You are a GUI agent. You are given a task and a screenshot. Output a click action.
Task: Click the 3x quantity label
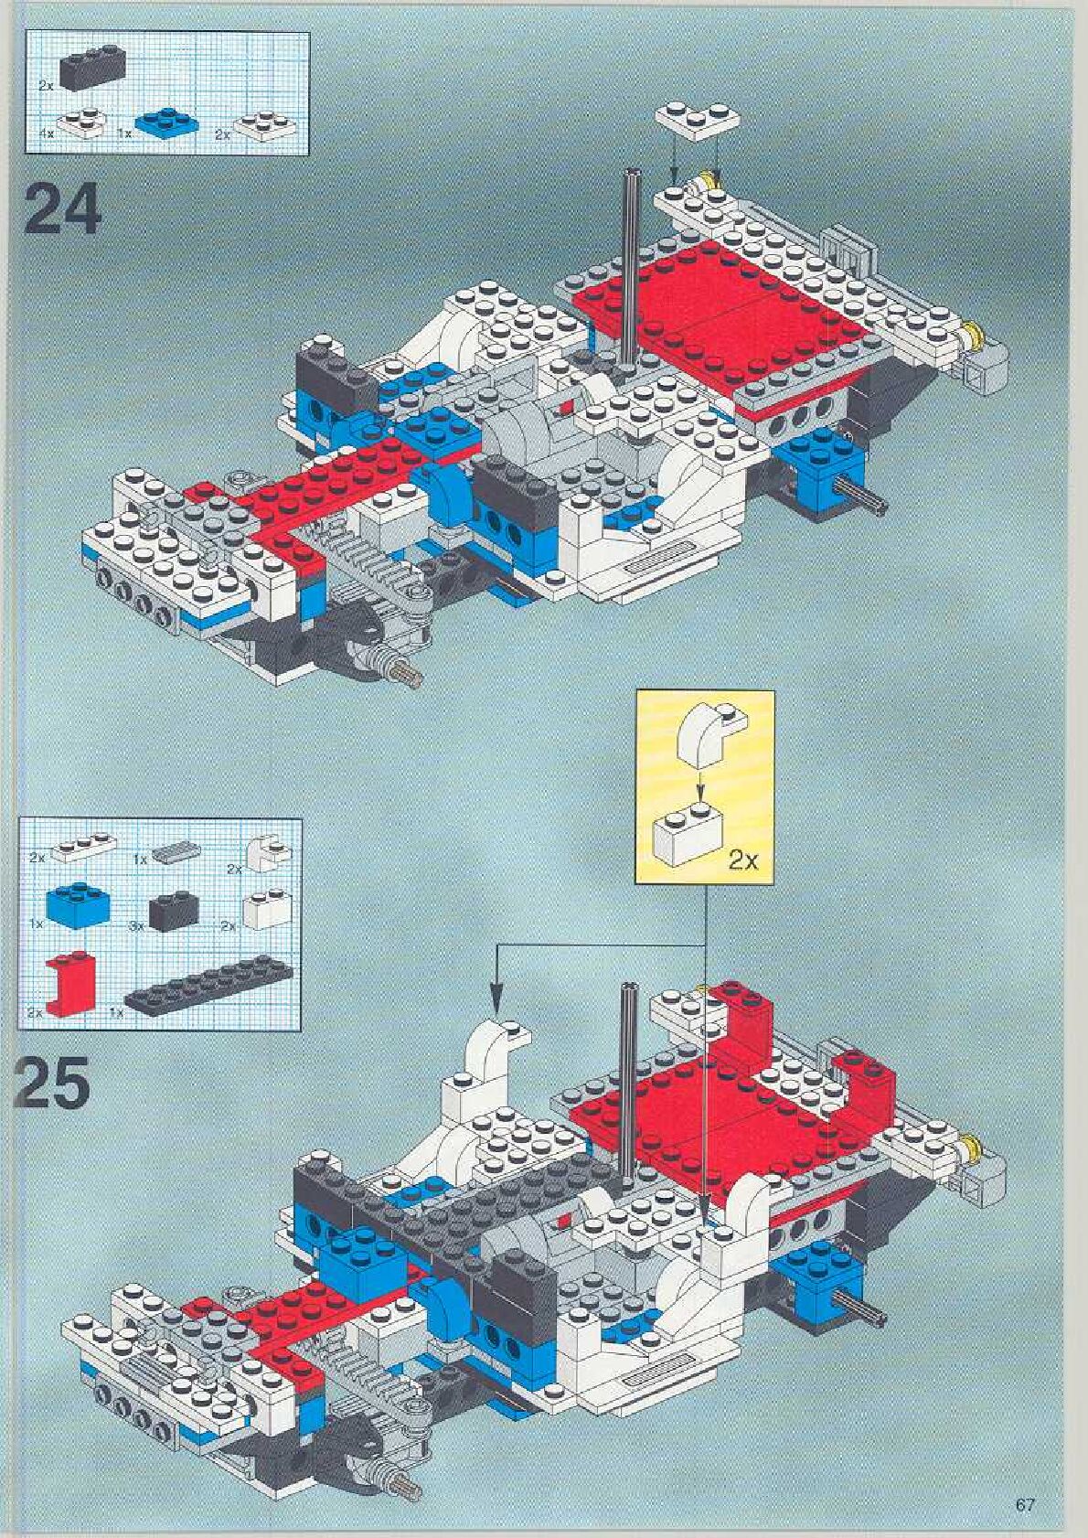[137, 926]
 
